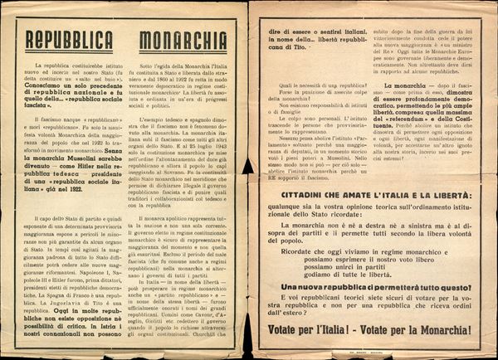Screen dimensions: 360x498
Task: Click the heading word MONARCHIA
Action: pos(183,41)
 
